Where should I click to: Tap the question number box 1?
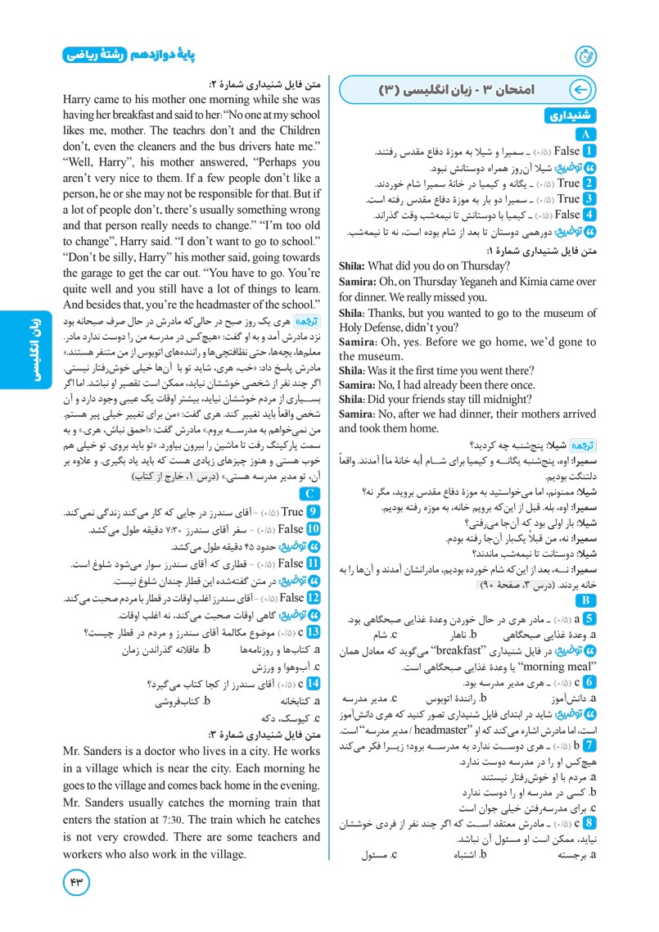tap(589, 152)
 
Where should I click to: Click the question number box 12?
tap(311, 599)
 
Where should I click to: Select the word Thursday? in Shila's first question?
tap(481, 265)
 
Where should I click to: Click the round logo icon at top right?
tap(587, 56)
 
